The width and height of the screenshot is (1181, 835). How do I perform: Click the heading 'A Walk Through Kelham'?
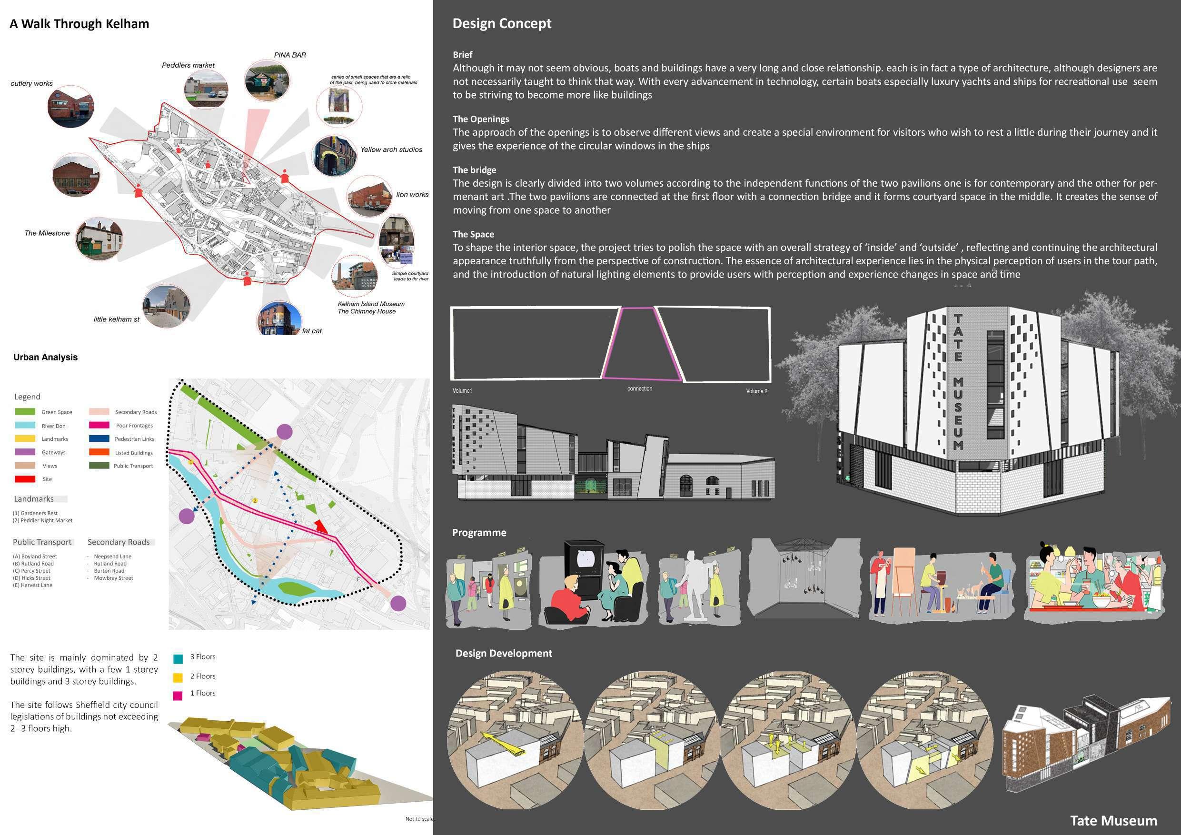pos(79,24)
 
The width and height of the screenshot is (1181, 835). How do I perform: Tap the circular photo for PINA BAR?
pos(267,81)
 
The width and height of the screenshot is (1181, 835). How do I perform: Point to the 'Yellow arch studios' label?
pos(391,149)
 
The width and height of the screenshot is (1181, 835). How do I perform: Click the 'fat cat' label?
pos(312,331)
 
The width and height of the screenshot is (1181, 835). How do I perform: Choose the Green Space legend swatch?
pos(25,412)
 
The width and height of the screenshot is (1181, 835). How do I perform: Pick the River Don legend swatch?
pos(25,426)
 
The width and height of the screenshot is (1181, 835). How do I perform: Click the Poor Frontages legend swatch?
pos(99,426)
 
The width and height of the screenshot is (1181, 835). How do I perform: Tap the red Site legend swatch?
pos(25,479)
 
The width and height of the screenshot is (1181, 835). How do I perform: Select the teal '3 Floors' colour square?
pos(178,658)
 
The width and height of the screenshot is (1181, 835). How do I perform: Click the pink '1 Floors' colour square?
pos(178,696)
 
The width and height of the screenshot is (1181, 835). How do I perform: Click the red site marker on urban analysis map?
pos(321,527)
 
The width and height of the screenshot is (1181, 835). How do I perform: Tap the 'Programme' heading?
pos(479,533)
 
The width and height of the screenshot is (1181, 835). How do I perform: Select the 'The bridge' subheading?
pos(474,170)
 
